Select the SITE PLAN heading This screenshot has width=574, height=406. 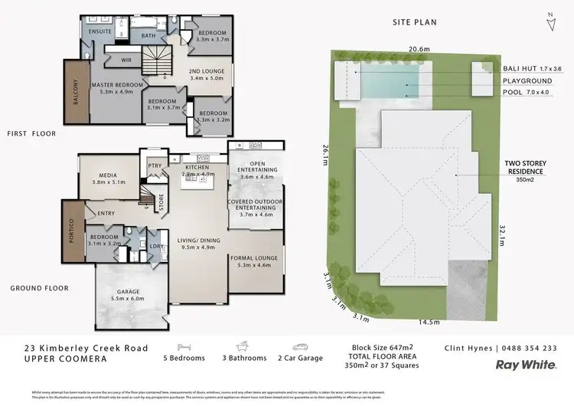point(414,22)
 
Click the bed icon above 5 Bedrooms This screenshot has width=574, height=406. point(184,346)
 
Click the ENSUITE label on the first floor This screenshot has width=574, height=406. point(100,31)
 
